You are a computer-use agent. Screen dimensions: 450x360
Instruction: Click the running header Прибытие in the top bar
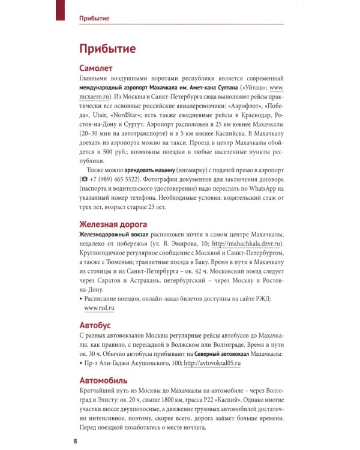click(x=94, y=18)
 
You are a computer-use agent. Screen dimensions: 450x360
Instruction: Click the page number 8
click(x=74, y=441)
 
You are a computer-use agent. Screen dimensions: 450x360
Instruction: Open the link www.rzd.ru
click(x=100, y=307)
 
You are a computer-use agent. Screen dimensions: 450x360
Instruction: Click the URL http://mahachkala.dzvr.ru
click(x=247, y=244)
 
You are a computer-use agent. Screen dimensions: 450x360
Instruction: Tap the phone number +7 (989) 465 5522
click(x=123, y=179)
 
